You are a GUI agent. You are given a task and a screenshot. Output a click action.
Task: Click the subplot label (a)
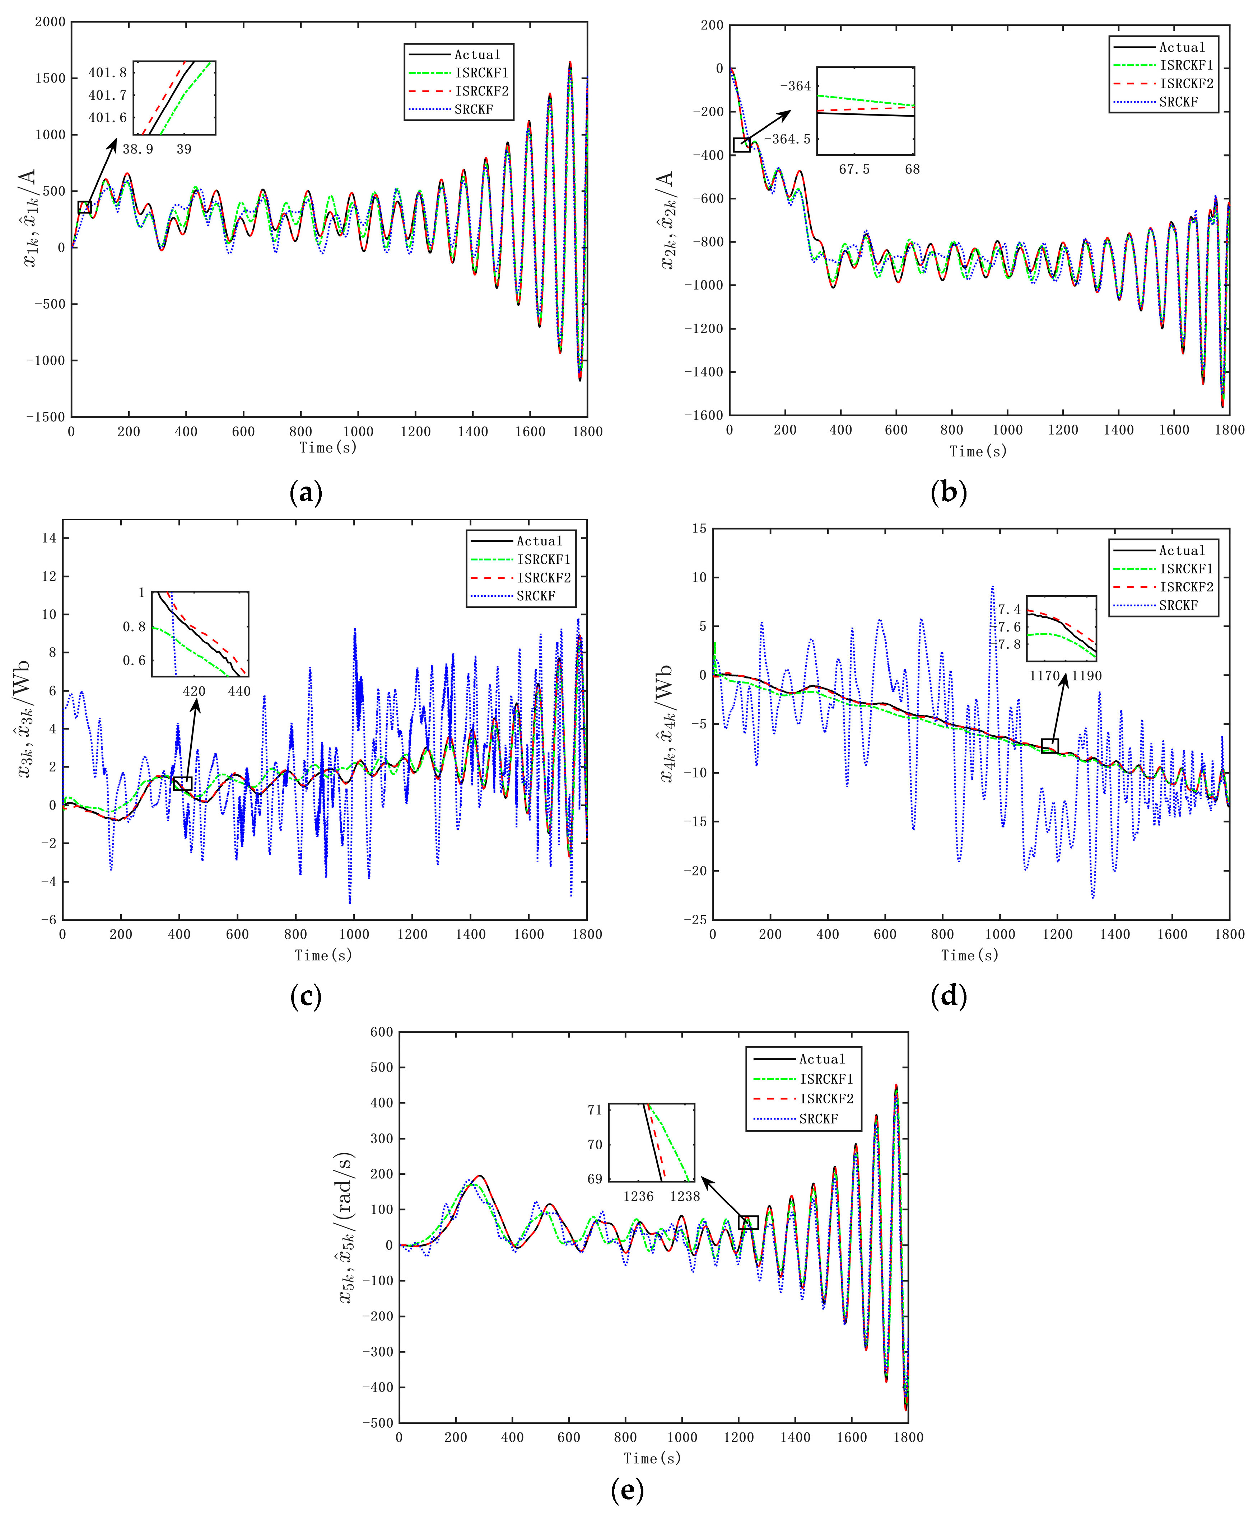(x=306, y=493)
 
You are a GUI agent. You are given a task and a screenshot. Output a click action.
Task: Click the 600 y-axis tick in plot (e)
(x=381, y=1032)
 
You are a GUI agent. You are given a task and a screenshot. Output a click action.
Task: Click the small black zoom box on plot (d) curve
(x=1050, y=746)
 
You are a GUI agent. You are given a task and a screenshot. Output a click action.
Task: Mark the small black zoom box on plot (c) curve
(x=183, y=783)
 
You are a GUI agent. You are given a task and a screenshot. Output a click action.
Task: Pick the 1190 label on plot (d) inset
(x=1087, y=676)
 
